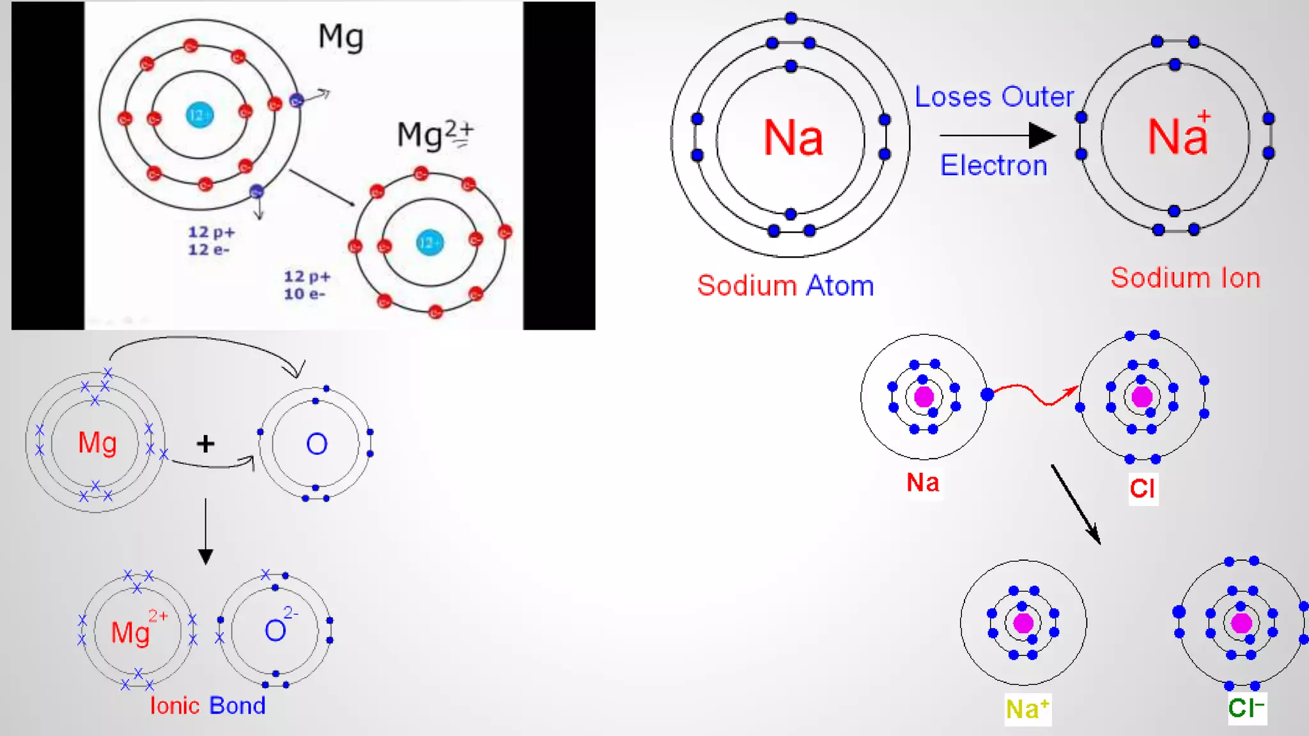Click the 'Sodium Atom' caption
[786, 286]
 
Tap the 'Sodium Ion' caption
[1185, 278]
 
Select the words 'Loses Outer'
[994, 97]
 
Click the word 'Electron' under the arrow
[993, 165]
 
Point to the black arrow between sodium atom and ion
[997, 135]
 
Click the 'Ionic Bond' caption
[207, 705]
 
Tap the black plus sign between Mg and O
[205, 443]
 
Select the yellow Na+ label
[1027, 709]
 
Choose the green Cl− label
[1246, 708]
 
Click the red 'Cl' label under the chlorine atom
[1142, 489]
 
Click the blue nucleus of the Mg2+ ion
[429, 243]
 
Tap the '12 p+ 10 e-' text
[307, 285]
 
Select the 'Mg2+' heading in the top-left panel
[435, 134]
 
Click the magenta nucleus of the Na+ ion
[1023, 623]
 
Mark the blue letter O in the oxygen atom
[317, 444]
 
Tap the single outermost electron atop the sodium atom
[791, 18]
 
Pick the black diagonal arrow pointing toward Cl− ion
[1076, 505]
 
